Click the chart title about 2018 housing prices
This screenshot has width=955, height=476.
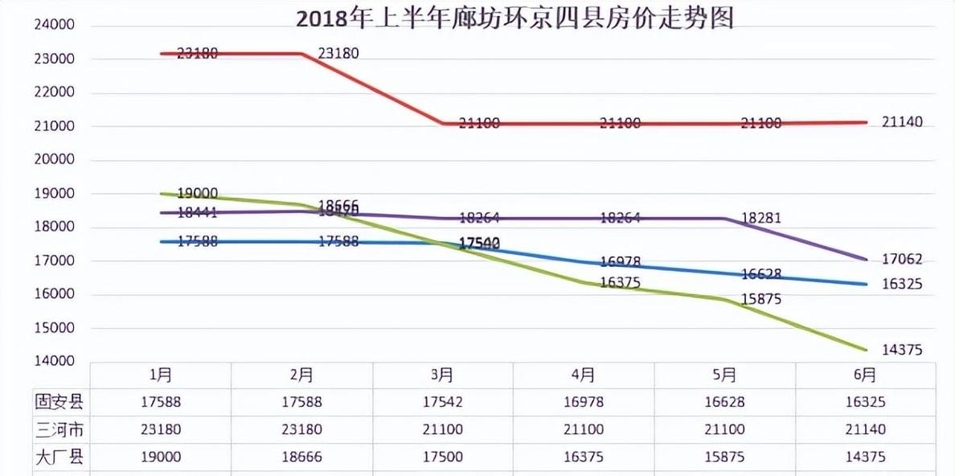(514, 18)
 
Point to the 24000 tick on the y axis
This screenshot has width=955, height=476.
(54, 25)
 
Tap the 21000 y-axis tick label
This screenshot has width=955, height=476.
(54, 126)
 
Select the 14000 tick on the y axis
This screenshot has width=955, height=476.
(54, 362)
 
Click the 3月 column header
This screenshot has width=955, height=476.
(442, 375)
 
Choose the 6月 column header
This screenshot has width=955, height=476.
(865, 375)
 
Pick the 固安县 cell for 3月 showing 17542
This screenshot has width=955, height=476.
(442, 402)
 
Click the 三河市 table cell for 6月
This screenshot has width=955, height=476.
(865, 429)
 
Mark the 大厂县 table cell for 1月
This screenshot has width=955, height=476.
(160, 457)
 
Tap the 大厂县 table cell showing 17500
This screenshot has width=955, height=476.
(442, 457)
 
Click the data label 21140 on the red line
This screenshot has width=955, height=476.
(901, 122)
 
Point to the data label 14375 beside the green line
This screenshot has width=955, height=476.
(901, 351)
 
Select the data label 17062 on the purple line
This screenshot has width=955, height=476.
(901, 260)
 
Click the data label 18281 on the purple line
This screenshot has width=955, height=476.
(760, 219)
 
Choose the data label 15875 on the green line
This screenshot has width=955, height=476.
(760, 299)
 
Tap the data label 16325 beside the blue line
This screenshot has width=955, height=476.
(901, 284)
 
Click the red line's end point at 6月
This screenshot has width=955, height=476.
(866, 122)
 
